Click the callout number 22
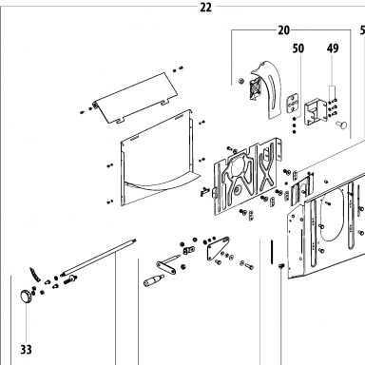(205, 8)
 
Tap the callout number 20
(283, 30)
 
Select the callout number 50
(298, 48)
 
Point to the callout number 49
(333, 48)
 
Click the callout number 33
(27, 350)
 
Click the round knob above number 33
(26, 298)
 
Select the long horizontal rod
(98, 257)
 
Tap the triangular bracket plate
(217, 248)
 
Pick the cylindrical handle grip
(153, 280)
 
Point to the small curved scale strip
(35, 275)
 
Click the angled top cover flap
(136, 98)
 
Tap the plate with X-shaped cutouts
(247, 179)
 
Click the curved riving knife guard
(267, 89)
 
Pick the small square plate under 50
(293, 103)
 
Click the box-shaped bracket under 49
(316, 112)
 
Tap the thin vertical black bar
(272, 252)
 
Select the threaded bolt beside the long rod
(70, 279)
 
